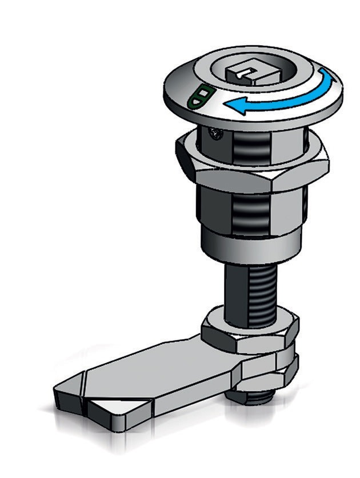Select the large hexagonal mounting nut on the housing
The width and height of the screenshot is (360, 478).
(251, 172)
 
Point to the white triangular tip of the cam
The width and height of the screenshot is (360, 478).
(118, 408)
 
